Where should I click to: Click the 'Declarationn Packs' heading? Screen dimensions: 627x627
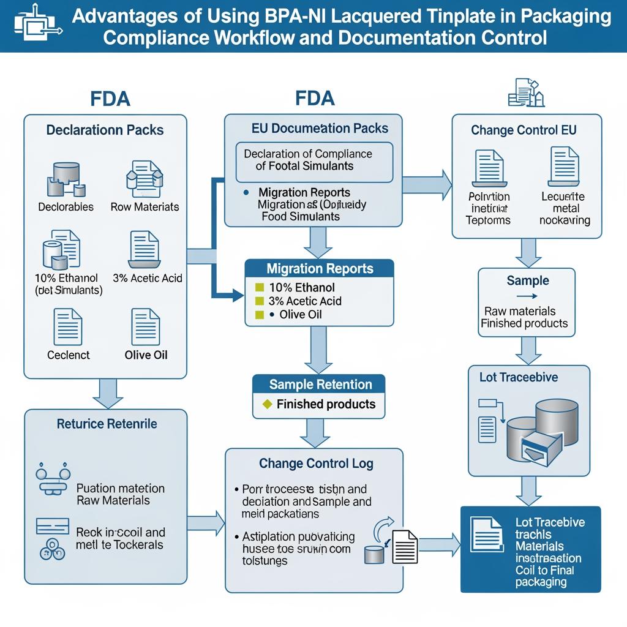(x=105, y=130)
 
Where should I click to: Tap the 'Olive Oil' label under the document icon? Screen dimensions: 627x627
(x=146, y=355)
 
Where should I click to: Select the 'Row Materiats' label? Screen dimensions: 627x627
(x=145, y=207)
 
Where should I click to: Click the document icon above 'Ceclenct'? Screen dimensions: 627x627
(x=68, y=326)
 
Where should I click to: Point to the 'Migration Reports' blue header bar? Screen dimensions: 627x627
(x=319, y=269)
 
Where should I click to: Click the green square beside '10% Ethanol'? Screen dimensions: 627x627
(x=258, y=287)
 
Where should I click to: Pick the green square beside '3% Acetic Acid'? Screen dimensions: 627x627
(x=258, y=301)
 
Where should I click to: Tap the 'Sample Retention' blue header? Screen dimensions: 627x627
(x=319, y=385)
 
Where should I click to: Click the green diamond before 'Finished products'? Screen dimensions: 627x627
(x=266, y=405)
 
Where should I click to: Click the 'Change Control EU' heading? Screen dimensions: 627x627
(x=524, y=130)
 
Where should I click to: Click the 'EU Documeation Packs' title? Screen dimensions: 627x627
(x=320, y=129)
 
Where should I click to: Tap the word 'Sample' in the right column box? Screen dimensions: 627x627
(x=527, y=281)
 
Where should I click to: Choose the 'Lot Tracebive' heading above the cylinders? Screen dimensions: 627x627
(x=519, y=378)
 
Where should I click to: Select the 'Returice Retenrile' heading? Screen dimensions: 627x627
(x=107, y=424)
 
